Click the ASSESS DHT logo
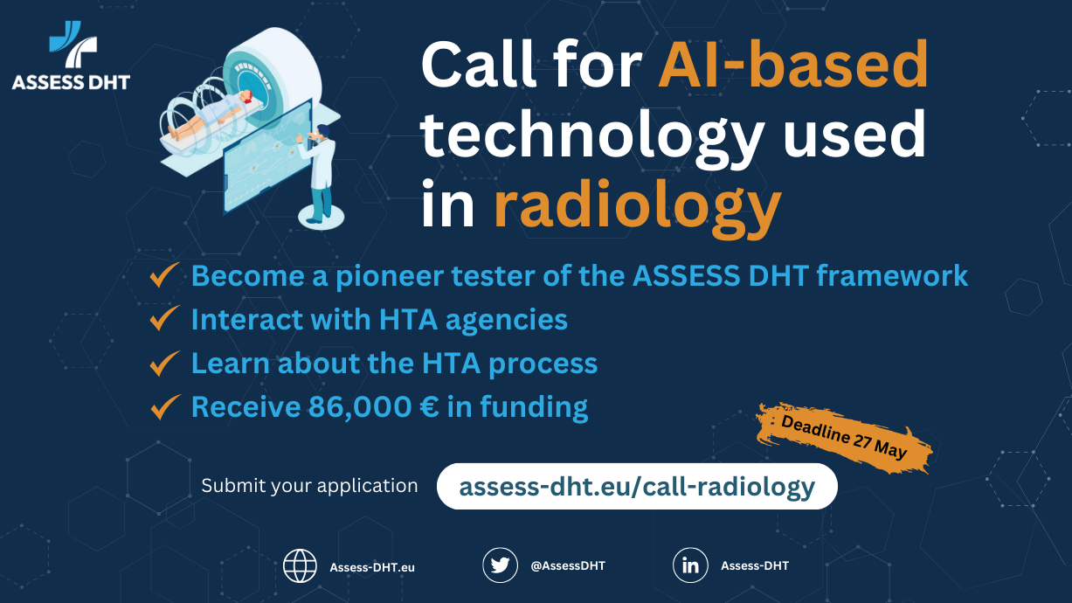pyautogui.click(x=70, y=59)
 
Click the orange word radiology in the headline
pyautogui.click(x=637, y=205)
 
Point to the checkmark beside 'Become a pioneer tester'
pyautogui.click(x=164, y=275)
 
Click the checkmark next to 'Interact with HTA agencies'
pyautogui.click(x=164, y=319)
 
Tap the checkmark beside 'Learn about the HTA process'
pyautogui.click(x=164, y=363)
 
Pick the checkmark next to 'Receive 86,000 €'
pyautogui.click(x=164, y=406)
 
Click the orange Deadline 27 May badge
pyautogui.click(x=843, y=437)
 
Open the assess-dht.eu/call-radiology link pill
pyautogui.click(x=636, y=486)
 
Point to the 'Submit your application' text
pyautogui.click(x=309, y=486)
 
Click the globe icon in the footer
pyautogui.click(x=300, y=566)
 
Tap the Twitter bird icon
pyautogui.click(x=500, y=565)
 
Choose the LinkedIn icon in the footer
pyautogui.click(x=690, y=565)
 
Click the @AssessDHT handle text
pyautogui.click(x=568, y=566)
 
